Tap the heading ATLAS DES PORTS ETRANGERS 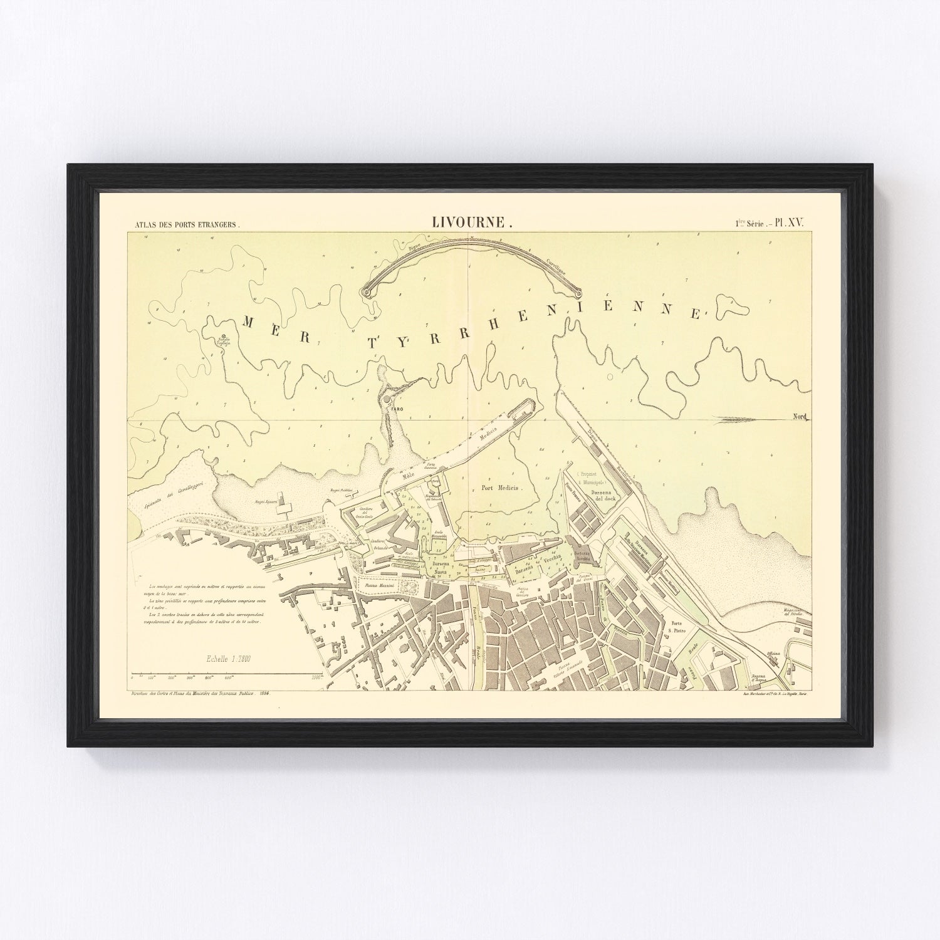(183, 223)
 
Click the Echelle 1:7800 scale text (229, 659)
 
